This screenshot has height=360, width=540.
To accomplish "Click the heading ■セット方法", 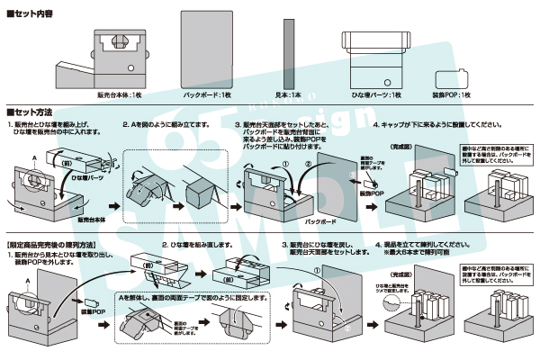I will [x=35, y=110].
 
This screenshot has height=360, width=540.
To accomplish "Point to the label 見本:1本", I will [x=288, y=94].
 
